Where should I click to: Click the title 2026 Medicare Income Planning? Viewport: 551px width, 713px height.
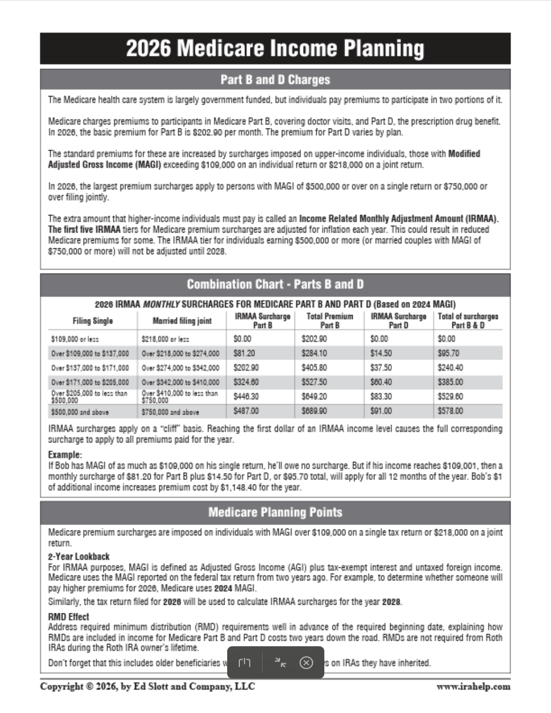(275, 49)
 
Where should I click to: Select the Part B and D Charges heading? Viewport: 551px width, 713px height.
(275, 80)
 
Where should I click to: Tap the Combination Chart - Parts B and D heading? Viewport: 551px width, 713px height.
(275, 284)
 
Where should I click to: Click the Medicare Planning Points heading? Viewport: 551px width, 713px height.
(275, 512)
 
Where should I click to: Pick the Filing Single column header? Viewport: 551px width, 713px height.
(93, 321)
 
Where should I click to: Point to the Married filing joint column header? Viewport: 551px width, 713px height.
(182, 321)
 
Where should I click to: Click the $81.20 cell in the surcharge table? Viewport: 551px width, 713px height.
(244, 353)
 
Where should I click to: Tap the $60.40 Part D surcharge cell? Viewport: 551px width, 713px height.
(381, 382)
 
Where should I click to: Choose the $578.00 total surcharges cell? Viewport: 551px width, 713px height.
(450, 411)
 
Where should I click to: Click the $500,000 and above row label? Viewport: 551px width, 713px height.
(80, 412)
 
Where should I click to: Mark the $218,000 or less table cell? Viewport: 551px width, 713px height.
(165, 339)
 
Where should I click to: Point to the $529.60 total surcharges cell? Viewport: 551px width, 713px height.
(450, 396)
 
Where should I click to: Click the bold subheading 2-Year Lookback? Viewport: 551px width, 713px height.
(78, 556)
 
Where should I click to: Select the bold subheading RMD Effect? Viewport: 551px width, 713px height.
(68, 616)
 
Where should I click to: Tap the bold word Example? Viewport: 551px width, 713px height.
(65, 454)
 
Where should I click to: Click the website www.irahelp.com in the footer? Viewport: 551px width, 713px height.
(473, 686)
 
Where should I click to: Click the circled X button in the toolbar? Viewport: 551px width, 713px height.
(306, 662)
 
